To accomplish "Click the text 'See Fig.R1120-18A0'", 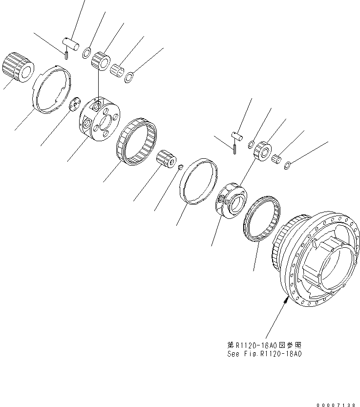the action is [264, 354].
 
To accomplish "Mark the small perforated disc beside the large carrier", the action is [75, 105].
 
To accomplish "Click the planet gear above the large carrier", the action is [103, 61].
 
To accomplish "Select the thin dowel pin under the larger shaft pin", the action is [65, 54].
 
